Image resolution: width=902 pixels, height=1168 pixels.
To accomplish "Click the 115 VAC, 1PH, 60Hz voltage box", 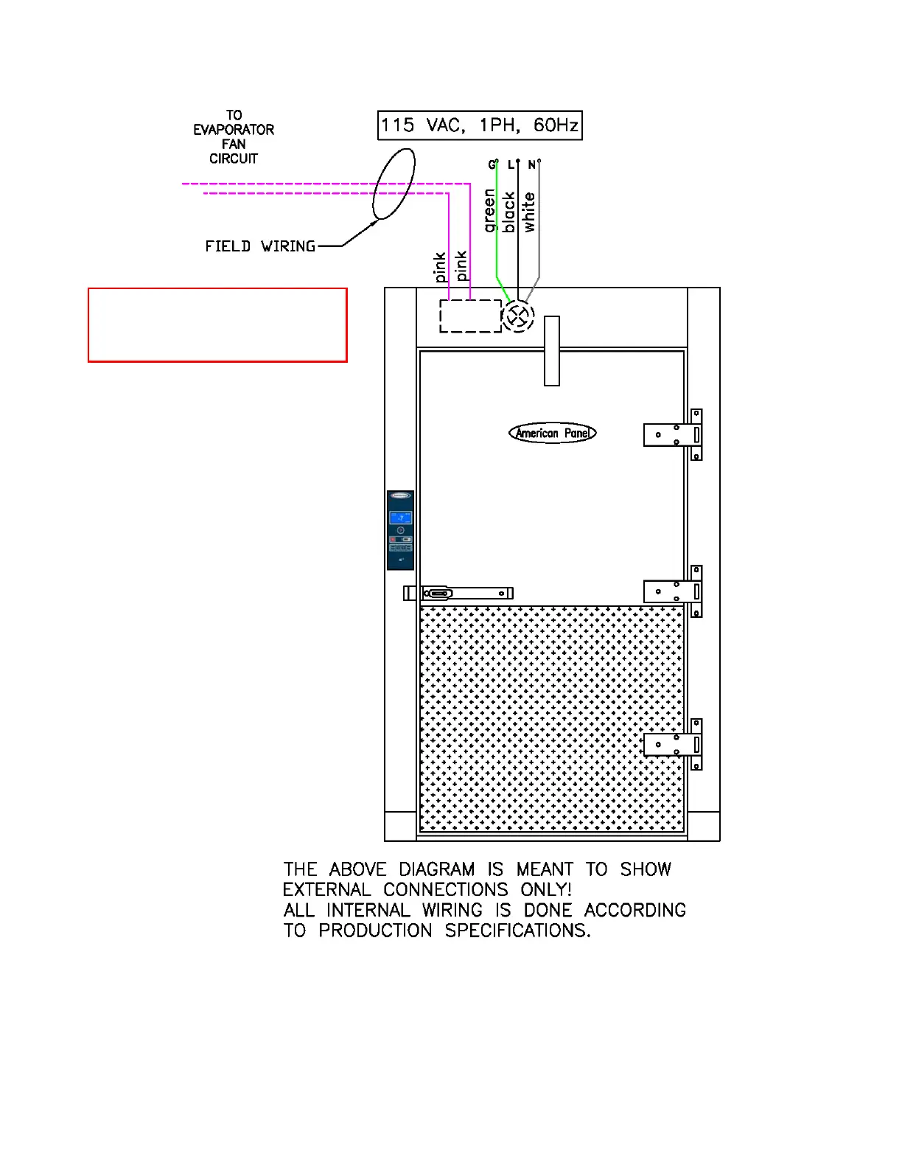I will click(x=480, y=125).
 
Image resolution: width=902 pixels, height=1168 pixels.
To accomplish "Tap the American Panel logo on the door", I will click(x=552, y=433).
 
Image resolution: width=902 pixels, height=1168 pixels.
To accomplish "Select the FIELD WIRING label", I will click(x=260, y=246).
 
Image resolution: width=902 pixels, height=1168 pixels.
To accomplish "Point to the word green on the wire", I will click(x=490, y=211).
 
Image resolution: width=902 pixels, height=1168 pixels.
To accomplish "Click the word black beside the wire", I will click(x=509, y=212).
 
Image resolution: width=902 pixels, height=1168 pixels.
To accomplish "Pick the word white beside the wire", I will click(x=529, y=212).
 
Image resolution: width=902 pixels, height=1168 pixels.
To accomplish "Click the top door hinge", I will click(x=673, y=435).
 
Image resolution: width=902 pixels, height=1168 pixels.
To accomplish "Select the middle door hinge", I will click(x=673, y=591).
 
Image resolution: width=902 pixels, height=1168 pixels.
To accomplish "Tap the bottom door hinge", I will click(x=673, y=745).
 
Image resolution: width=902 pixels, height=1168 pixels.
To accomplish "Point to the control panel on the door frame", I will click(x=400, y=530).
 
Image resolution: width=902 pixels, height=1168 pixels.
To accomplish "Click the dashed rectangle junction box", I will click(x=470, y=316).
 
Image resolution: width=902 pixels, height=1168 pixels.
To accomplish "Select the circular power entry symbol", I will click(x=518, y=316).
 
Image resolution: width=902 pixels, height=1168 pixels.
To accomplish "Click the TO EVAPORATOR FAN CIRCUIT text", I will click(x=234, y=137).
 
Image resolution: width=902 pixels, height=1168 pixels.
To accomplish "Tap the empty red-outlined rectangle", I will click(x=217, y=325).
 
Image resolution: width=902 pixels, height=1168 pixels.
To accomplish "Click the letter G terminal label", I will click(x=492, y=165).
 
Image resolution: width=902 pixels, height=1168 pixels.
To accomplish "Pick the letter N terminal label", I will click(x=531, y=165).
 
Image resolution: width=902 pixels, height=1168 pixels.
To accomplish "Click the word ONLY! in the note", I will click(x=545, y=890).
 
